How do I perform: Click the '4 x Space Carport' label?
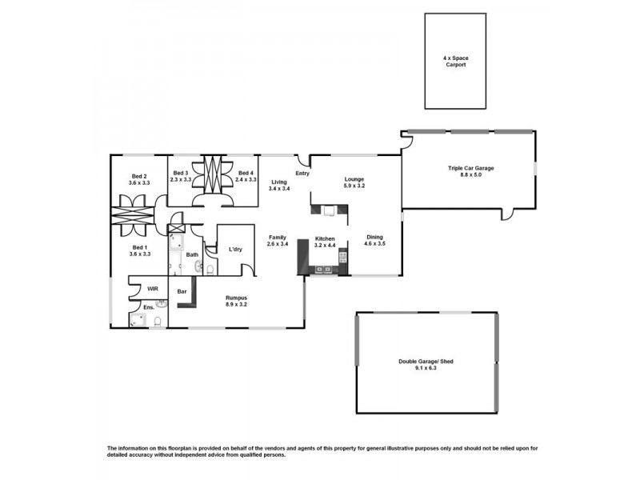pos(454,62)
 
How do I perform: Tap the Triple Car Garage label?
pos(470,168)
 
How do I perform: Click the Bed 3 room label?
pos(181,174)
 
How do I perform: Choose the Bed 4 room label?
pos(246,174)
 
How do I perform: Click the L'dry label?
pos(235,250)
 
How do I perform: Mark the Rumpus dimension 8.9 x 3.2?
pos(241,304)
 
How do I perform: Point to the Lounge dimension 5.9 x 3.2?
pos(354,186)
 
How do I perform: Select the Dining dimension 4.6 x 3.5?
pos(374,243)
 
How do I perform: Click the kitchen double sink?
pos(325,270)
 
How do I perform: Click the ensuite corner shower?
pos(138,321)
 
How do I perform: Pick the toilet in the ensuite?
pos(158,322)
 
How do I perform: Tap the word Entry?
pos(302,174)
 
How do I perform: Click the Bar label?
pos(182,292)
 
